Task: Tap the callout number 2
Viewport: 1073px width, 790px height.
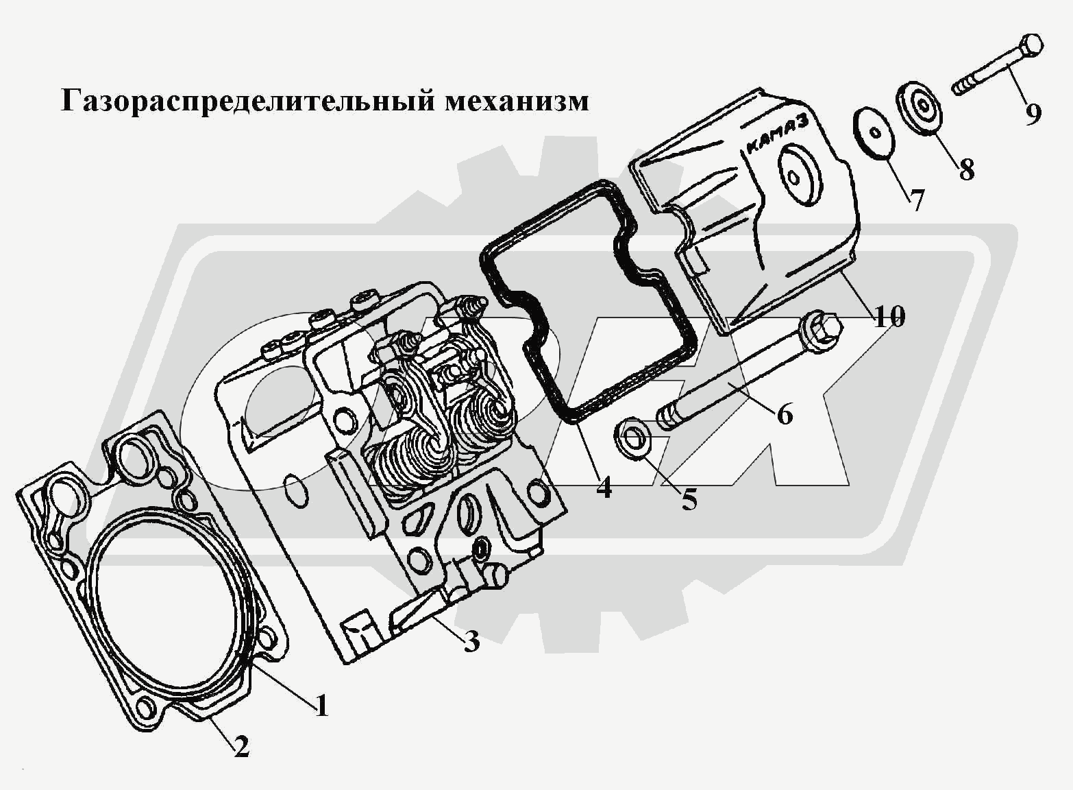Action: point(241,746)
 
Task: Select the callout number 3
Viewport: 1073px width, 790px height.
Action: point(471,643)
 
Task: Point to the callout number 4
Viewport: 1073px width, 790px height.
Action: point(603,488)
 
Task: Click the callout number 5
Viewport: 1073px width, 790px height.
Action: point(689,500)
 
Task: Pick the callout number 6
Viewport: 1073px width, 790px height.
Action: point(784,414)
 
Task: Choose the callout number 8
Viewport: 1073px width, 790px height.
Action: point(966,168)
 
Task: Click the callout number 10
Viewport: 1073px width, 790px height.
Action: point(888,317)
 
